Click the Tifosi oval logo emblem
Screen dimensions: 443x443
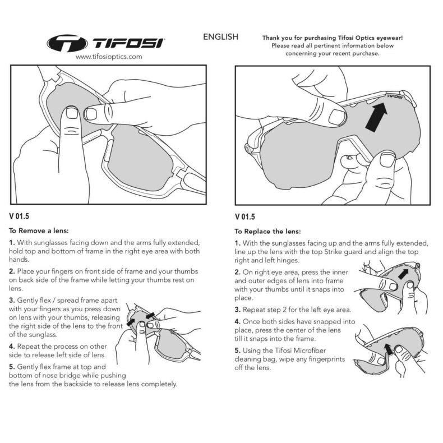[67, 44]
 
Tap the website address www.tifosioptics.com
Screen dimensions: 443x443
[109, 57]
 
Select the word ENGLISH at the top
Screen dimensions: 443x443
[220, 36]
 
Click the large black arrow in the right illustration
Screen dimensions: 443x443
[376, 117]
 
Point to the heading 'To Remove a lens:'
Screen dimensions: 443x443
[39, 231]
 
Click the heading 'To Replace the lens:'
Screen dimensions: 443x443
[267, 232]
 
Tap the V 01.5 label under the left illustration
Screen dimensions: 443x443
[19, 216]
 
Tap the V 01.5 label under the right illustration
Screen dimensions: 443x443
[244, 217]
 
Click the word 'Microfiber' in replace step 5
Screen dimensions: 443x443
[310, 350]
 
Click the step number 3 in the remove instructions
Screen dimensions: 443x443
[12, 300]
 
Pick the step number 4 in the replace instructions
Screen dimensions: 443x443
[237, 321]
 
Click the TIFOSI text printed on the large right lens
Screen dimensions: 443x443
[394, 96]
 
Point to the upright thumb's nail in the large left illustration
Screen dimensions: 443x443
[71, 113]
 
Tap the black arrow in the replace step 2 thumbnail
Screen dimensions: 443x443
[403, 274]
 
